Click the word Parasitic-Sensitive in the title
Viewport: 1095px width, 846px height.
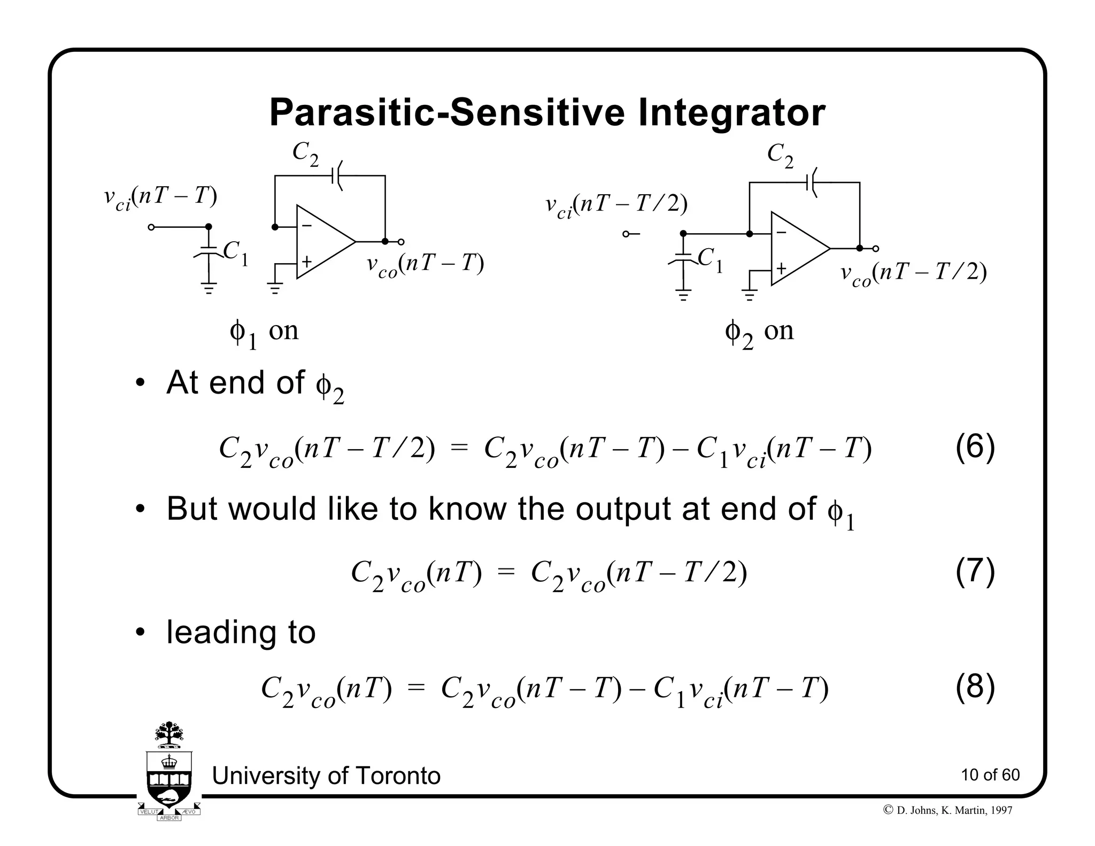[446, 113]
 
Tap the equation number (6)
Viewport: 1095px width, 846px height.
[975, 447]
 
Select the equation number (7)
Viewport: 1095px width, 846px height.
[975, 571]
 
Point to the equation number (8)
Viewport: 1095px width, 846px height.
[975, 687]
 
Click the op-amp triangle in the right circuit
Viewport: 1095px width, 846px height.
[797, 249]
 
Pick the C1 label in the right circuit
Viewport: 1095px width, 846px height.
[711, 260]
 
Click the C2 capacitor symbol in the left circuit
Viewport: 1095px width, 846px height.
[337, 175]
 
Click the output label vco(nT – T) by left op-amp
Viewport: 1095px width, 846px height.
[425, 265]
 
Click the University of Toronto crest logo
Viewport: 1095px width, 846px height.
[169, 770]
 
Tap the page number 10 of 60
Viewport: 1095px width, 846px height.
[990, 775]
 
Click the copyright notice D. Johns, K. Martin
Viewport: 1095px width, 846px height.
[949, 810]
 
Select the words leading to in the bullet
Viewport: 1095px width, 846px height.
[241, 632]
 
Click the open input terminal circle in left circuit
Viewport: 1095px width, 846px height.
[151, 227]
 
